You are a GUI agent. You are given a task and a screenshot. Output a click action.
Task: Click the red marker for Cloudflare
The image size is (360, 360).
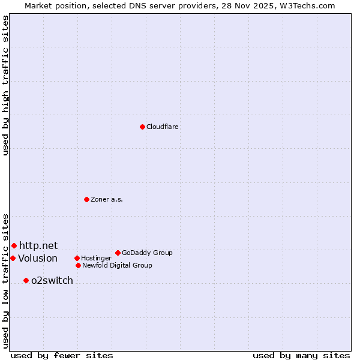(142, 127)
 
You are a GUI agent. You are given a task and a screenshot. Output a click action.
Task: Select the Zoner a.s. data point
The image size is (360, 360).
(86, 199)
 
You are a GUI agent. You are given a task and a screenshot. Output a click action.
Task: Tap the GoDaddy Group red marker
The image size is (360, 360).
(118, 253)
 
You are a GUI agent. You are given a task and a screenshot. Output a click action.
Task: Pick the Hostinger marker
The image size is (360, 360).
(77, 258)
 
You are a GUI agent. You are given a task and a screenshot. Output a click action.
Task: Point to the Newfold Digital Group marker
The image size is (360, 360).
(78, 265)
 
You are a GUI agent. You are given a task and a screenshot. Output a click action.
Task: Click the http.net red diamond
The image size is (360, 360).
(14, 245)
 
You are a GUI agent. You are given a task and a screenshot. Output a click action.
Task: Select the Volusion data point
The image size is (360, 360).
(13, 258)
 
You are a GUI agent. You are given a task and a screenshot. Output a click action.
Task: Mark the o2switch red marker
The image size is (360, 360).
(26, 280)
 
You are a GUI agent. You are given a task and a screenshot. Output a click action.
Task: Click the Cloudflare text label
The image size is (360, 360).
(163, 127)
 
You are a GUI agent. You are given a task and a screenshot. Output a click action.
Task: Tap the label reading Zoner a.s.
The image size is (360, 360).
(107, 199)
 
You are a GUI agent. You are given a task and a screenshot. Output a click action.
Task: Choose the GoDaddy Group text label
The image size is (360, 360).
(147, 253)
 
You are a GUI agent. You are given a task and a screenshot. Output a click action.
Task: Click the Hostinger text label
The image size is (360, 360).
(96, 258)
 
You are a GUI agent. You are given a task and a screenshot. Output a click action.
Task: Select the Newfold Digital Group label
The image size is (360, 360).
(117, 265)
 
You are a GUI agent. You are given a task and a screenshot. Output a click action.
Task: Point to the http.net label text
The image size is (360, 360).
(38, 245)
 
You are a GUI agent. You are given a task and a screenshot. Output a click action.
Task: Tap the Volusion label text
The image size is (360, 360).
(38, 258)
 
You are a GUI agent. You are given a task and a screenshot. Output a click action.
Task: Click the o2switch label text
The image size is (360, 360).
(52, 280)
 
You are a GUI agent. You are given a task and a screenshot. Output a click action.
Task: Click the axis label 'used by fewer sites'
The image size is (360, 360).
(62, 355)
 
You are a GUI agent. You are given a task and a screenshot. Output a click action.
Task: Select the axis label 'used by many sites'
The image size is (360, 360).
(301, 355)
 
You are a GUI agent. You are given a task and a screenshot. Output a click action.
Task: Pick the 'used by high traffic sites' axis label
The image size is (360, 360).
(5, 85)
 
